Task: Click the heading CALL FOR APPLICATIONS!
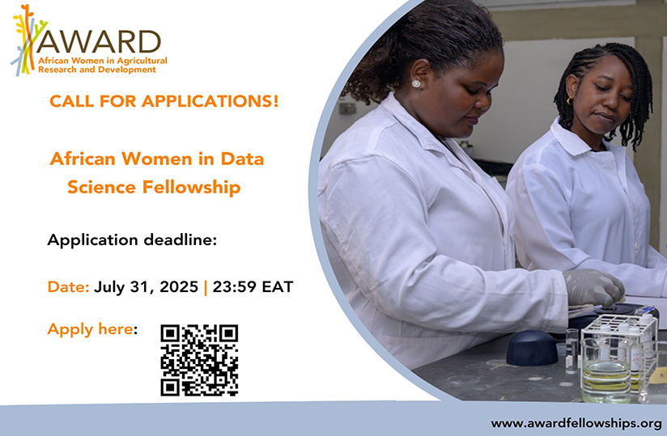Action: coord(164,102)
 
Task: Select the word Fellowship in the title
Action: coord(193,188)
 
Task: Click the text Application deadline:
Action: coord(132,240)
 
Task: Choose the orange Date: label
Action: coord(69,286)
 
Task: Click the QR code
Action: coord(199,360)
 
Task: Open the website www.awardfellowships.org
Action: coord(576,423)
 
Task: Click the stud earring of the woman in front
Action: coord(416,83)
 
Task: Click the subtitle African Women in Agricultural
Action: coord(103,61)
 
